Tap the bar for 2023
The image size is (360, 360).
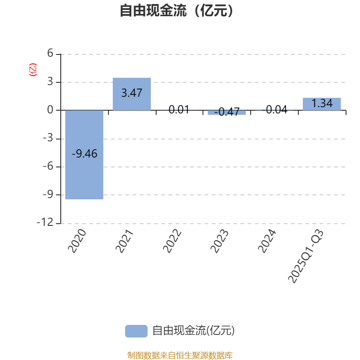(x=227, y=112)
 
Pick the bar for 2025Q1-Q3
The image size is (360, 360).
(x=322, y=104)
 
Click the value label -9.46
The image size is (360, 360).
(x=85, y=154)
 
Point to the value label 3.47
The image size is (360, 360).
(x=132, y=93)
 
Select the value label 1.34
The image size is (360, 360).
(x=322, y=103)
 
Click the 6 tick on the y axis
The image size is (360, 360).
(x=50, y=54)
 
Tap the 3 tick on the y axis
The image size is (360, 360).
(x=50, y=82)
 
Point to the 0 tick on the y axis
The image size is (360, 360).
(x=50, y=110)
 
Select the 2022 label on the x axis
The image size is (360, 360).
(x=172, y=241)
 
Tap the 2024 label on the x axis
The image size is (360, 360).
(x=267, y=241)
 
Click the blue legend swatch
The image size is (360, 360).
(x=136, y=331)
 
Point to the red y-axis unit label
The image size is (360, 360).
(x=32, y=70)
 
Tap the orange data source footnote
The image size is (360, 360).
(x=180, y=355)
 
